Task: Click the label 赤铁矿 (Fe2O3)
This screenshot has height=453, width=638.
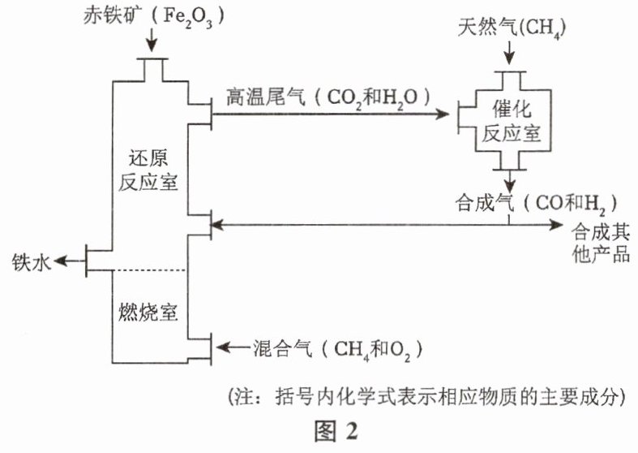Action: click(x=152, y=16)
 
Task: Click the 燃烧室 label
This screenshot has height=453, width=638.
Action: click(x=148, y=312)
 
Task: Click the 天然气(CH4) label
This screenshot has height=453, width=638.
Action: click(x=509, y=29)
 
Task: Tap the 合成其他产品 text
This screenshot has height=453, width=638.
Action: click(x=600, y=241)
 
